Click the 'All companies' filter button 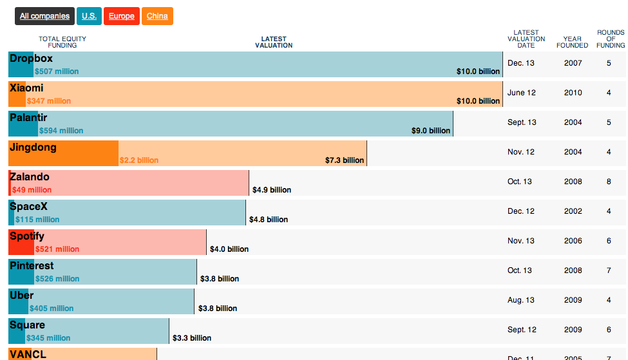[x=44, y=16]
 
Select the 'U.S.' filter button [x=89, y=16]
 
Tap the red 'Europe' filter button [x=122, y=16]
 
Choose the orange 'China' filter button [x=157, y=16]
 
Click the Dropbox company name [x=31, y=59]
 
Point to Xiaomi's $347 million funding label [x=49, y=101]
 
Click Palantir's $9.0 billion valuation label [x=431, y=131]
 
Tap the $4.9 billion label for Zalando [x=272, y=190]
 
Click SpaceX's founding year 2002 [x=573, y=211]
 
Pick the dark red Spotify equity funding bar [x=21, y=242]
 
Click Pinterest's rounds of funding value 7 [x=609, y=270]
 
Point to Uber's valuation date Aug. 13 [x=520, y=300]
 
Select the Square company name [x=27, y=325]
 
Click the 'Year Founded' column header [x=572, y=42]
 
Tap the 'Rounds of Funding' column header [x=611, y=39]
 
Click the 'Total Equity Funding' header [x=62, y=42]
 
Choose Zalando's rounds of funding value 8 [x=609, y=182]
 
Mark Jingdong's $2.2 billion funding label [x=139, y=160]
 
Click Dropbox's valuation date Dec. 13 [x=521, y=63]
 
